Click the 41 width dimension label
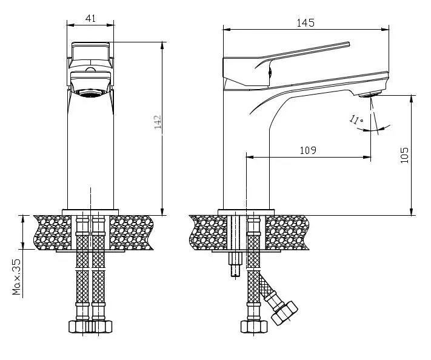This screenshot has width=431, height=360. [x=90, y=18]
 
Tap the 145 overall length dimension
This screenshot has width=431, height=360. [x=306, y=23]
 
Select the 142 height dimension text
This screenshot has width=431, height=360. [x=158, y=122]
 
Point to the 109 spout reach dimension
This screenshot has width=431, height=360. [x=308, y=150]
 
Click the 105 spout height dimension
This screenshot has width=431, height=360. [x=404, y=155]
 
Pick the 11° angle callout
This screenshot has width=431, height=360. [x=356, y=119]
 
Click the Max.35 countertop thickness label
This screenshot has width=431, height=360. [x=16, y=277]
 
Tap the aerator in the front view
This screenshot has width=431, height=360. [x=91, y=93]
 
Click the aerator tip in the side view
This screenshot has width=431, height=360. [x=370, y=95]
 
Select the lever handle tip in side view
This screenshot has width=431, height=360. [x=349, y=44]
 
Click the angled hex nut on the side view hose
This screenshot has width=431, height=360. [x=284, y=313]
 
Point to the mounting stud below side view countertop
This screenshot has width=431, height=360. [x=235, y=263]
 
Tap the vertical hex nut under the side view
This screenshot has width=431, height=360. [x=254, y=327]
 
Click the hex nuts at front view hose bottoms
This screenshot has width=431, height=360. [x=90, y=327]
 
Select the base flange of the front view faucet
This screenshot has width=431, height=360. [x=90, y=212]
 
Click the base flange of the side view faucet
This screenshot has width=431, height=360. [x=246, y=212]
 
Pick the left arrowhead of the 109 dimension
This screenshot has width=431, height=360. [x=250, y=157]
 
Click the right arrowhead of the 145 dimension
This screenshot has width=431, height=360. [x=386, y=29]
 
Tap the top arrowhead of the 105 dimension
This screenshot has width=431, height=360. [x=412, y=99]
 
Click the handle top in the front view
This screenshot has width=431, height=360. [x=91, y=45]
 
